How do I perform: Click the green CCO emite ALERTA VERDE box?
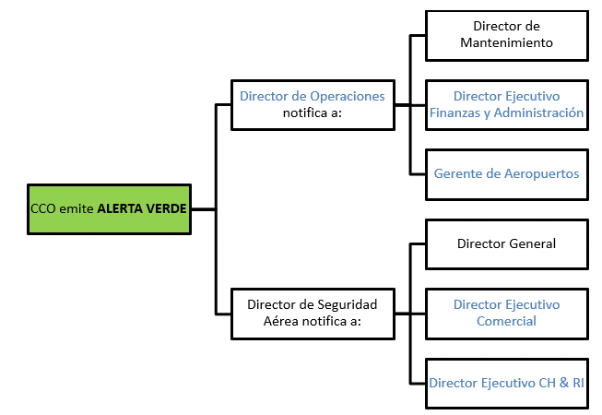(109, 209)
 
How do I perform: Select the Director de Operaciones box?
(313, 104)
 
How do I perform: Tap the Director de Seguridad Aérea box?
(313, 313)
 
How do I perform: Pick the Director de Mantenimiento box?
(506, 35)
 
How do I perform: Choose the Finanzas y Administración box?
(506, 104)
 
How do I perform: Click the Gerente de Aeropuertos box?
(506, 173)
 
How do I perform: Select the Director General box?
(506, 244)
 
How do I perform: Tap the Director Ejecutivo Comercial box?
(506, 313)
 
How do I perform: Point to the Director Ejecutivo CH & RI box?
(506, 382)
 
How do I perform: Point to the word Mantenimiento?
(506, 43)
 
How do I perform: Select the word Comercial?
(506, 321)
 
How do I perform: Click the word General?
(531, 244)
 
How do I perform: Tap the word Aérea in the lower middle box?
(282, 322)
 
